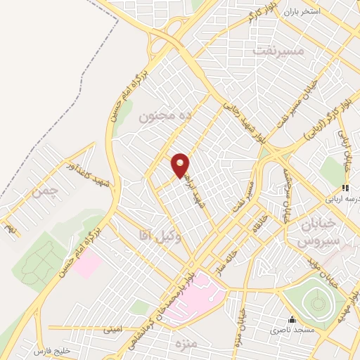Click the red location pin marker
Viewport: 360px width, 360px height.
[181, 165]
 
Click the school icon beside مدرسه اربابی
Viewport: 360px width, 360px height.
[345, 188]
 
